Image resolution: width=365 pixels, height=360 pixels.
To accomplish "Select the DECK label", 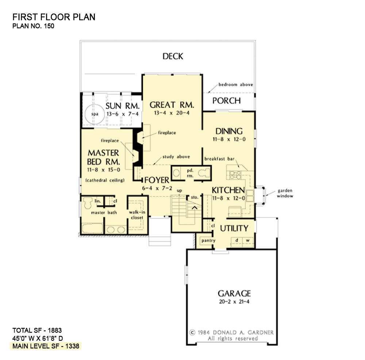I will [173, 56].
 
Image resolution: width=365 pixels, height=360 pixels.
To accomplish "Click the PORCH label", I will [226, 101].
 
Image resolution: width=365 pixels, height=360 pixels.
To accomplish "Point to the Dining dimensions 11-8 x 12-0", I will [228, 139].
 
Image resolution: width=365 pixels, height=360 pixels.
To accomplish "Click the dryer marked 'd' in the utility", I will [237, 240].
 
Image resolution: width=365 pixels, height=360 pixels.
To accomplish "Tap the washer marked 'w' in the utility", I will [247, 240].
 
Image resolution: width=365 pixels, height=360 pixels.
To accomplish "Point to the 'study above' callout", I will [176, 157].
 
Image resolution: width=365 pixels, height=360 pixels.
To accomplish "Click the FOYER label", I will [157, 180].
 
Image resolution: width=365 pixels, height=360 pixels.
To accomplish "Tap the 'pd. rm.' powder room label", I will [190, 173].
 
